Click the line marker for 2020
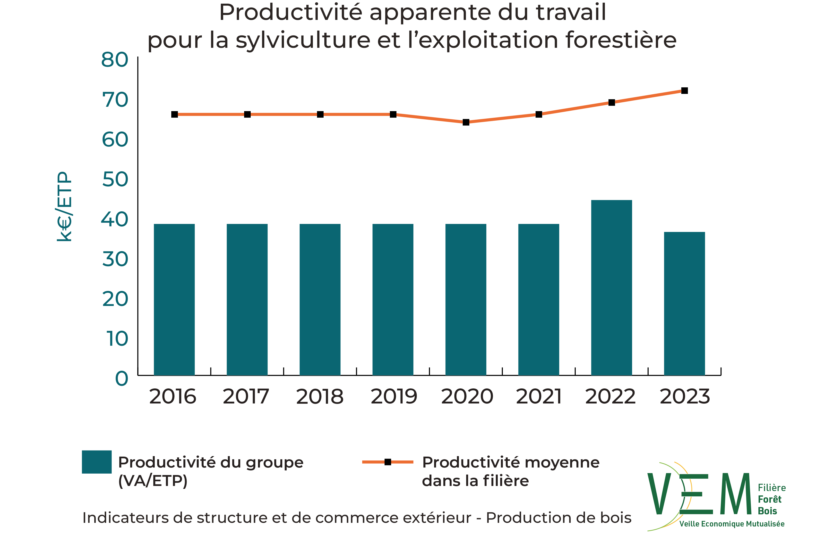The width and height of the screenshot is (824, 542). pos(466,122)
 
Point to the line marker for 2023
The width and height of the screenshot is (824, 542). pos(685,91)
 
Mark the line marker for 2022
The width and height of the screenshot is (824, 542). pos(612,102)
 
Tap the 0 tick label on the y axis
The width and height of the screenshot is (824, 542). pos(121,378)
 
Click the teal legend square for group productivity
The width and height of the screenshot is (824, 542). pos(97,462)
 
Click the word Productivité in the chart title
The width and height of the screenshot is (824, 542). pos(291,13)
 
